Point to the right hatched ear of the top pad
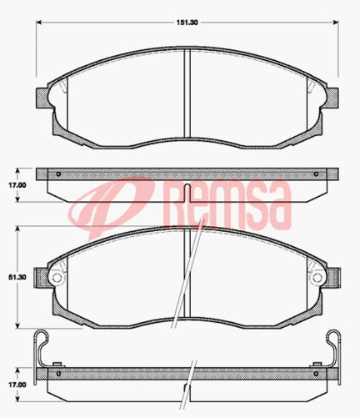click(330, 96)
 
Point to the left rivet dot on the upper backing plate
click(58, 174)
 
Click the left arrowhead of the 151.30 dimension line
click(38, 24)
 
